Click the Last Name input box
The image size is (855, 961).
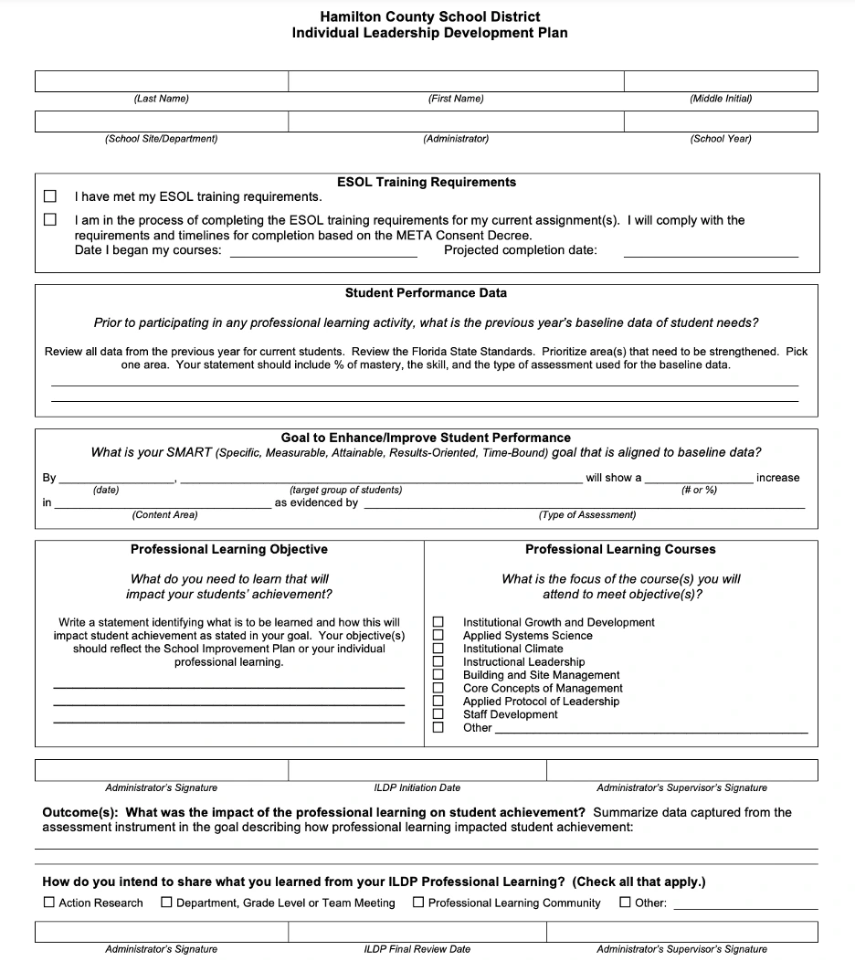pyautogui.click(x=161, y=81)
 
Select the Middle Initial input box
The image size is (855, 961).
pyautogui.click(x=720, y=81)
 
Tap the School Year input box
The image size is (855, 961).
pyautogui.click(x=720, y=121)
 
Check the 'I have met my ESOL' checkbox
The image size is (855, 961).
pyautogui.click(x=50, y=196)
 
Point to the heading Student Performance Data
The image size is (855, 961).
pyautogui.click(x=426, y=293)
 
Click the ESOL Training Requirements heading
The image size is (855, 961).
pyautogui.click(x=426, y=183)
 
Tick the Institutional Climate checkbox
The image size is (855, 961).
pyautogui.click(x=438, y=649)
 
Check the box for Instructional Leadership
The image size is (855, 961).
pyautogui.click(x=438, y=662)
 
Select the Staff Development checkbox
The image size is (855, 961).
pyautogui.click(x=438, y=714)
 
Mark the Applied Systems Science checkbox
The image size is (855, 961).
pyautogui.click(x=438, y=636)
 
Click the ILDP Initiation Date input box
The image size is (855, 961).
pyautogui.click(x=417, y=770)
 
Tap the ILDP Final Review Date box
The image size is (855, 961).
pyautogui.click(x=417, y=932)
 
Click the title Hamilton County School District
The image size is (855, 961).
pyautogui.click(x=429, y=16)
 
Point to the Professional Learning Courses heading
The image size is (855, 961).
pyautogui.click(x=620, y=550)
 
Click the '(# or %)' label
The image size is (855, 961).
pyautogui.click(x=699, y=491)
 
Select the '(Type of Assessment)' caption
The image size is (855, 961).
pyautogui.click(x=587, y=515)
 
